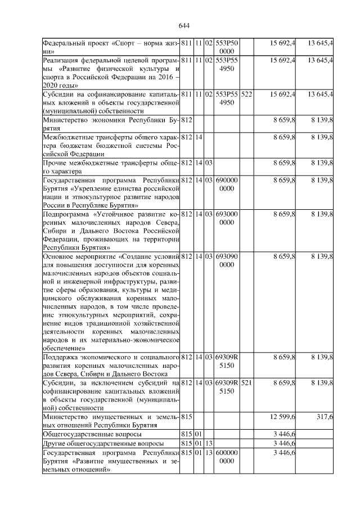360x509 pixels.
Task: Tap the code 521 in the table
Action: (x=246, y=382)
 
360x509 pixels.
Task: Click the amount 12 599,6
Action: (x=283, y=416)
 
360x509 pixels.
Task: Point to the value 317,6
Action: (x=325, y=416)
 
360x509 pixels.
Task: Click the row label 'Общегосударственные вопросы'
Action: (x=92, y=434)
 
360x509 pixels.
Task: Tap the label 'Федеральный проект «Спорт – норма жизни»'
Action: (x=111, y=47)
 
